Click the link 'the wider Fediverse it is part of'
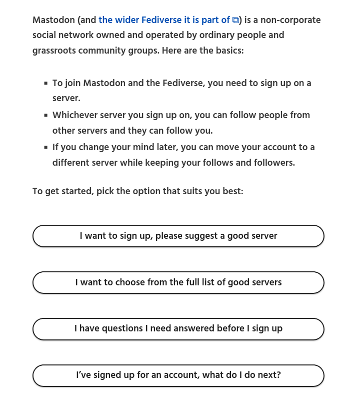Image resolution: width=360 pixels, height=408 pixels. (x=164, y=20)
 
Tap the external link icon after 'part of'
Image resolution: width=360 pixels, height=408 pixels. (x=235, y=21)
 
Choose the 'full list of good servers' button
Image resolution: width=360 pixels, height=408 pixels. (x=178, y=282)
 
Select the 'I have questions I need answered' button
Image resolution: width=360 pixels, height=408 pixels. (x=178, y=329)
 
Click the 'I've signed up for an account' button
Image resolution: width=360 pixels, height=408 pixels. (x=178, y=375)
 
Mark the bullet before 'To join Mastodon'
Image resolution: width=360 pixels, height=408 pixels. (x=46, y=83)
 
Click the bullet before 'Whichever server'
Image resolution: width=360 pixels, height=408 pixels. (x=46, y=115)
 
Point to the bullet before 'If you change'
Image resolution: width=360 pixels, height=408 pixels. (x=46, y=147)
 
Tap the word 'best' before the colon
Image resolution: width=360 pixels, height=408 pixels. (x=231, y=191)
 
